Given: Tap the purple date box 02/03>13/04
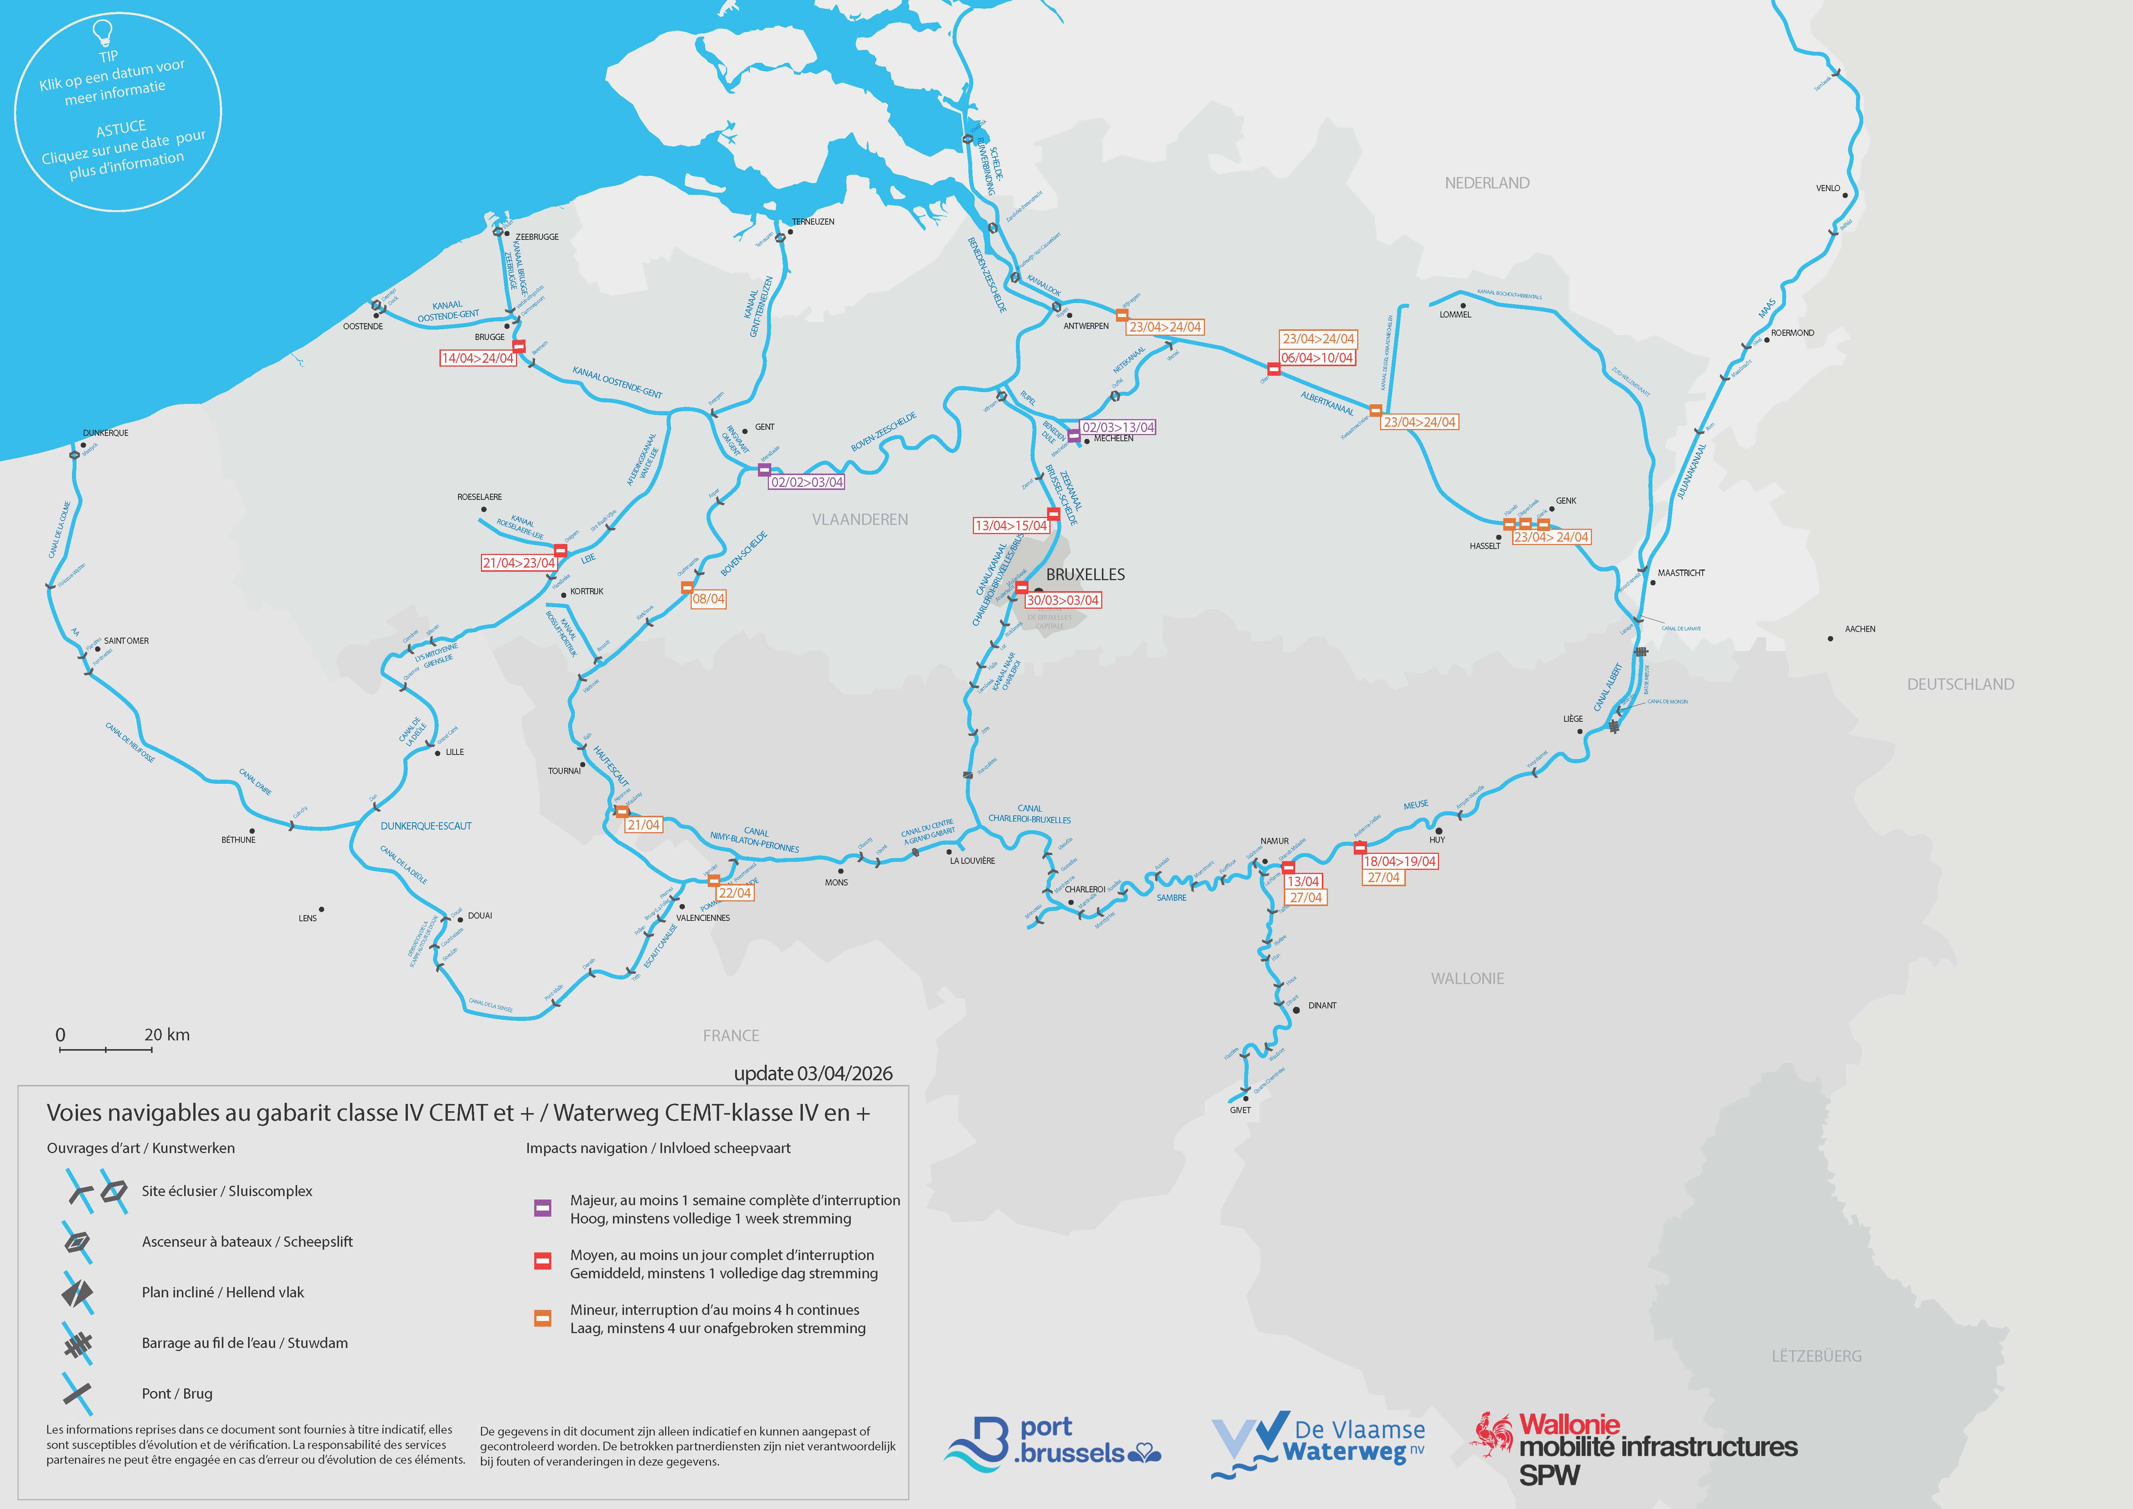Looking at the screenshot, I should [1119, 427].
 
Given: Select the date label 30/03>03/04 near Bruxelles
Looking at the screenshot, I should [1062, 600].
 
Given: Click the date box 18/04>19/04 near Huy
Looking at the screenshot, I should [1399, 861].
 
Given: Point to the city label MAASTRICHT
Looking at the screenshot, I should [1681, 573].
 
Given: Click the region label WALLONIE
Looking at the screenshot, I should [1467, 978].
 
